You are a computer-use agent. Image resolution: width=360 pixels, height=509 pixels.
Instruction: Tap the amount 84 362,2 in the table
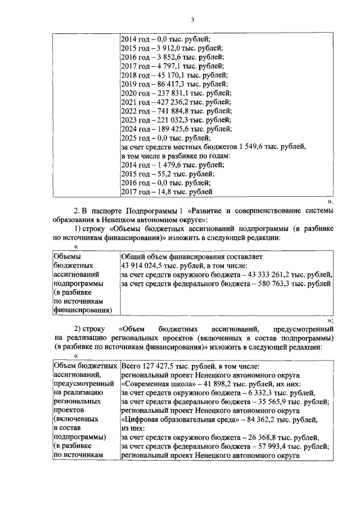point(258,420)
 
